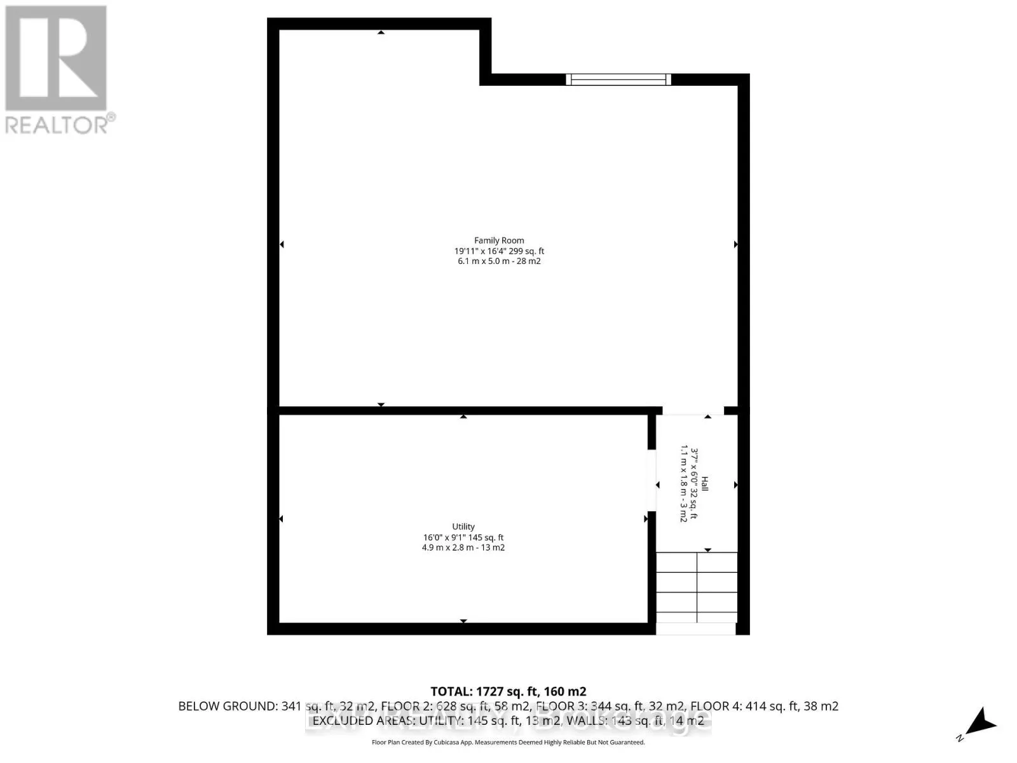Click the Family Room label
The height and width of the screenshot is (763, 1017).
499,240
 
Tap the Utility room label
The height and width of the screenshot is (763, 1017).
463,526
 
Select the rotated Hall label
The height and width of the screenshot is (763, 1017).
704,485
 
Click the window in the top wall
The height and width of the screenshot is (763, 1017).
618,79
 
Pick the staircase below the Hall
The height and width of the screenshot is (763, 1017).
697,588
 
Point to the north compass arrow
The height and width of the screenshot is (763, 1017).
981,724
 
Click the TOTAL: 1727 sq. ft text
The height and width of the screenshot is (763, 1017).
508,691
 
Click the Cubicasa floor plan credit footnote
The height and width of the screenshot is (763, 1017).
508,742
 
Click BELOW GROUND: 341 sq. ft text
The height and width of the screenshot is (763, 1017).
254,706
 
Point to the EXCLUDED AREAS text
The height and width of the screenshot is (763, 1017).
388,720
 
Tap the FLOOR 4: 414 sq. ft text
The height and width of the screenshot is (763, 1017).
763,706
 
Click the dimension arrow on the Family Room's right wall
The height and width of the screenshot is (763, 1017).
735,244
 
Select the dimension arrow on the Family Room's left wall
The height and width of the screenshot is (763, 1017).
282,244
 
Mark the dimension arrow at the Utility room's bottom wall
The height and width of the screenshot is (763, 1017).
463,621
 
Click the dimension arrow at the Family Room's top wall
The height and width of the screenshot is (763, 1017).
381,32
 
